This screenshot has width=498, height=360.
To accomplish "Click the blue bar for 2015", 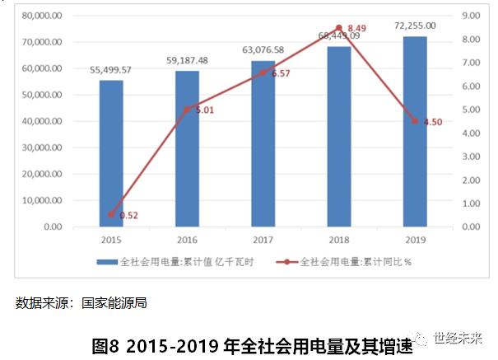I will pyautogui.click(x=111, y=153).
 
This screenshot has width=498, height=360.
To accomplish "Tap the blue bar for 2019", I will pyautogui.click(x=415, y=132).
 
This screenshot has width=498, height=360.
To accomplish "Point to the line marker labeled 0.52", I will pyautogui.click(x=111, y=215).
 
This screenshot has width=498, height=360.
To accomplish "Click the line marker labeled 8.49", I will pyautogui.click(x=338, y=28).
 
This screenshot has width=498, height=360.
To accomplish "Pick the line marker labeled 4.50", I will pyautogui.click(x=415, y=121).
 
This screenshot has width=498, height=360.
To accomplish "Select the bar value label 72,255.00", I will pyautogui.click(x=415, y=26).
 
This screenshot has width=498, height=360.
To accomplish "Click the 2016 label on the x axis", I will pyautogui.click(x=187, y=240).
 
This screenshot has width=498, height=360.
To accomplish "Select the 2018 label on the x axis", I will pyautogui.click(x=338, y=240).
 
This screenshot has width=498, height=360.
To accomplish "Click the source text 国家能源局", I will pyautogui.click(x=114, y=302).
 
